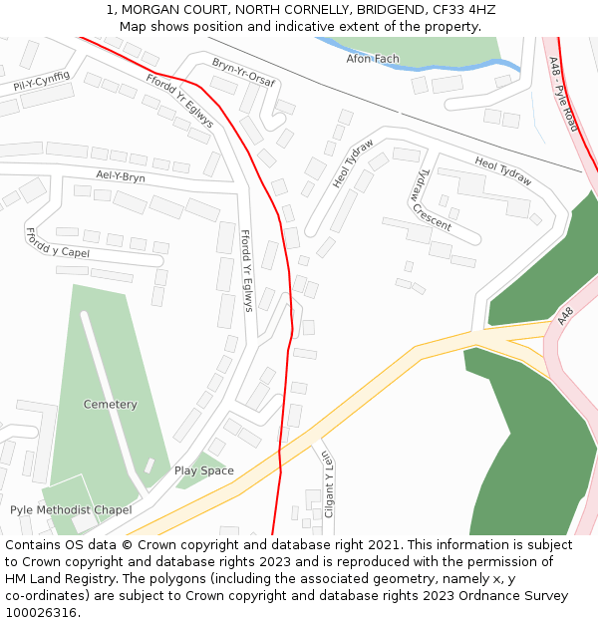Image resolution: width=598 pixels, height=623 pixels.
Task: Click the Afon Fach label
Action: pyautogui.click(x=372, y=59)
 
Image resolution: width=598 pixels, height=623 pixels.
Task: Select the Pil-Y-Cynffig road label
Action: pyautogui.click(x=41, y=82)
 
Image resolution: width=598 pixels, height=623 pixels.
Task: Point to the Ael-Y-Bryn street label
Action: pyautogui.click(x=121, y=177)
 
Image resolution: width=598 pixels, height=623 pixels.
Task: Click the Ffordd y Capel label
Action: pyautogui.click(x=57, y=241)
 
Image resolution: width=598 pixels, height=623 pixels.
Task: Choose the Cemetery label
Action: pyautogui.click(x=111, y=405)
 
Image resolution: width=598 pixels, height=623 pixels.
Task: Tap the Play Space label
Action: pyautogui.click(x=204, y=470)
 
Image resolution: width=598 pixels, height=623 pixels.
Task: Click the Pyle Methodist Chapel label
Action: pyautogui.click(x=71, y=510)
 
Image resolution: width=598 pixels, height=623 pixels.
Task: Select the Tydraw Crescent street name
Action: pyautogui.click(x=432, y=199)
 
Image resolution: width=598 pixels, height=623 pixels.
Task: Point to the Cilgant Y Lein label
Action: pyautogui.click(x=328, y=483)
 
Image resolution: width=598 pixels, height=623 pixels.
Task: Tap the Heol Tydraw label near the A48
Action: pyautogui.click(x=502, y=170)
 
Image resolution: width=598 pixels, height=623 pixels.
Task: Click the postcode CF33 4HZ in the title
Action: pyautogui.click(x=463, y=10)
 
